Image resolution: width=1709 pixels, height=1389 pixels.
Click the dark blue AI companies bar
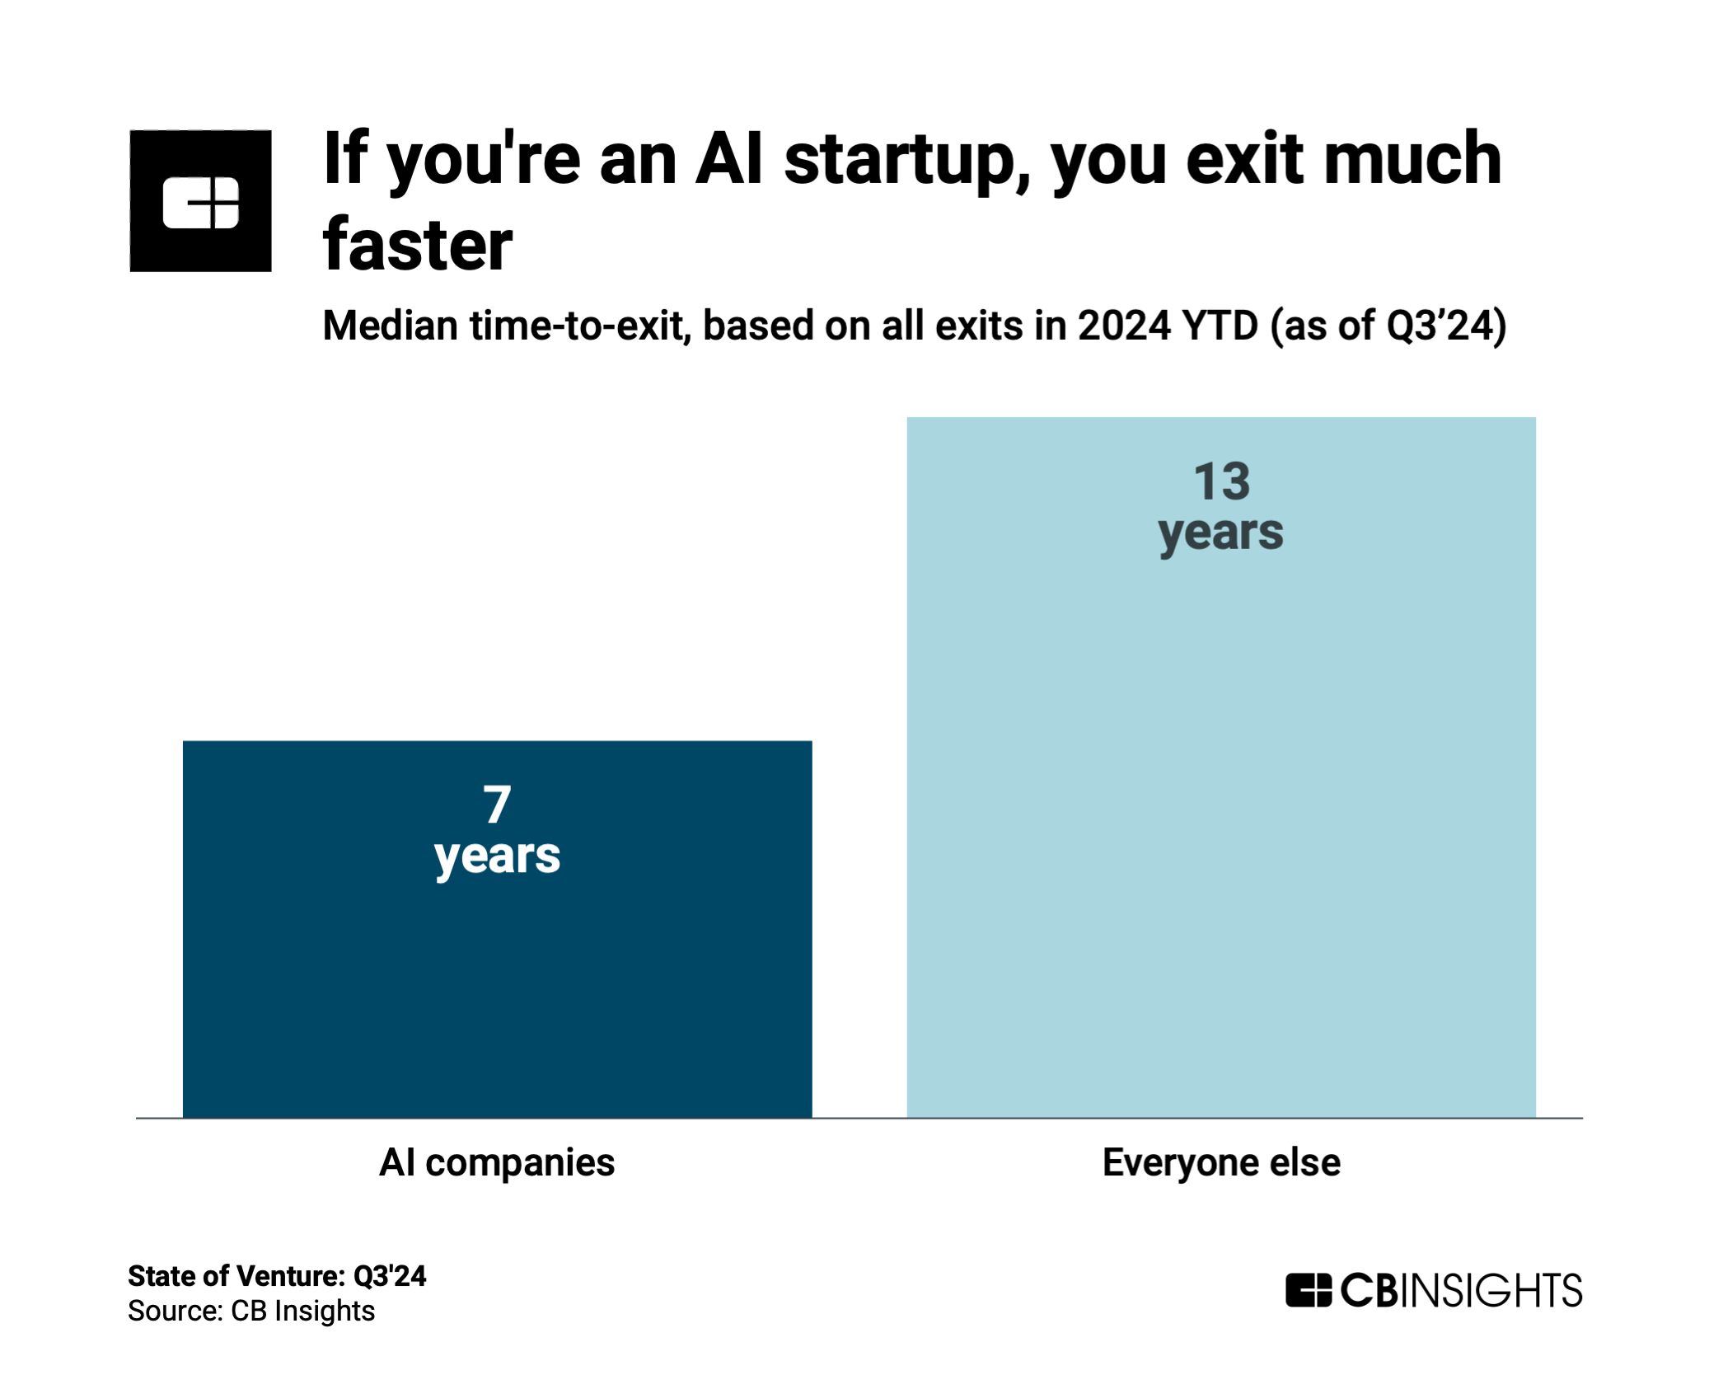(x=497, y=929)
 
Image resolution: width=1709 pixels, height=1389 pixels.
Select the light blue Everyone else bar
(x=1221, y=767)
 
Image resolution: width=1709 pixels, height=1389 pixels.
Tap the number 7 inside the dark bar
(x=497, y=804)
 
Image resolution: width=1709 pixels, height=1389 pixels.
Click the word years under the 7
(x=497, y=857)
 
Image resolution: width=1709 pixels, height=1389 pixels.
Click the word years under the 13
(x=1221, y=534)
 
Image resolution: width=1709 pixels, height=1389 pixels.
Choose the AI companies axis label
(x=497, y=1163)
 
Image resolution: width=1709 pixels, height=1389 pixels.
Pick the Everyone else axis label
(x=1221, y=1162)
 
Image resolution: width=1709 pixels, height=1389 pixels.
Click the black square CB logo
(x=200, y=201)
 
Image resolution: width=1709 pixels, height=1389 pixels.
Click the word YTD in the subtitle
(x=1220, y=325)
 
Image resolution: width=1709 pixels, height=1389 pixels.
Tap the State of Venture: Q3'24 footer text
(x=277, y=1276)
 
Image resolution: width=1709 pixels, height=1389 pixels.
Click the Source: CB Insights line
(x=251, y=1311)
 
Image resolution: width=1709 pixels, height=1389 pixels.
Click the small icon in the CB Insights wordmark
(x=1309, y=1290)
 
